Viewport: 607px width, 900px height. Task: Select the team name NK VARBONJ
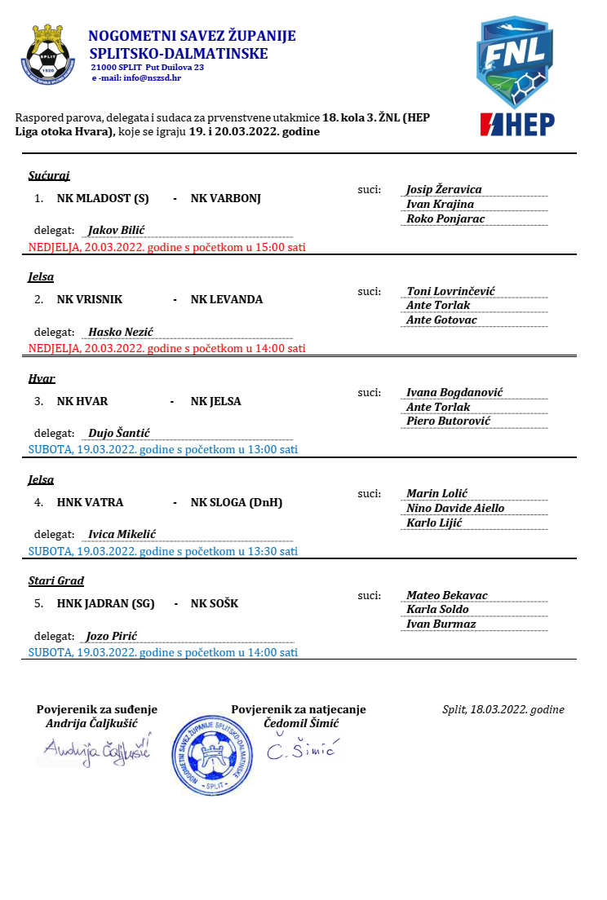[x=225, y=198]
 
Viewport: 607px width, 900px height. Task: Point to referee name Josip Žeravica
[x=444, y=189]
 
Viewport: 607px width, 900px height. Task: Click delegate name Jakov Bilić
[x=117, y=230]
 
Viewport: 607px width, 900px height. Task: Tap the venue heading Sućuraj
[x=43, y=175]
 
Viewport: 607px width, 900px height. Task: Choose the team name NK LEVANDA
[x=227, y=299]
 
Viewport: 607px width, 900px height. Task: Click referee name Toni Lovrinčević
[x=450, y=291]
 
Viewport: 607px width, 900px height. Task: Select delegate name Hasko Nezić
[x=121, y=332]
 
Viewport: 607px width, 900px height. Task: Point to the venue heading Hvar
[x=42, y=378]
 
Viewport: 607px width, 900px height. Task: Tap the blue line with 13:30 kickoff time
[x=163, y=551]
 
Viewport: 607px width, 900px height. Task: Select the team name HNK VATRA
[x=90, y=502]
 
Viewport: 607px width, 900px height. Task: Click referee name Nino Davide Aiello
[x=455, y=508]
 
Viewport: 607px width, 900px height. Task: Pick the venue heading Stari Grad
[x=56, y=581]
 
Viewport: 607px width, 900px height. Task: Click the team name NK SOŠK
[x=215, y=604]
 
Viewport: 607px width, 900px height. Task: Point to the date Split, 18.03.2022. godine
[x=503, y=709]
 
